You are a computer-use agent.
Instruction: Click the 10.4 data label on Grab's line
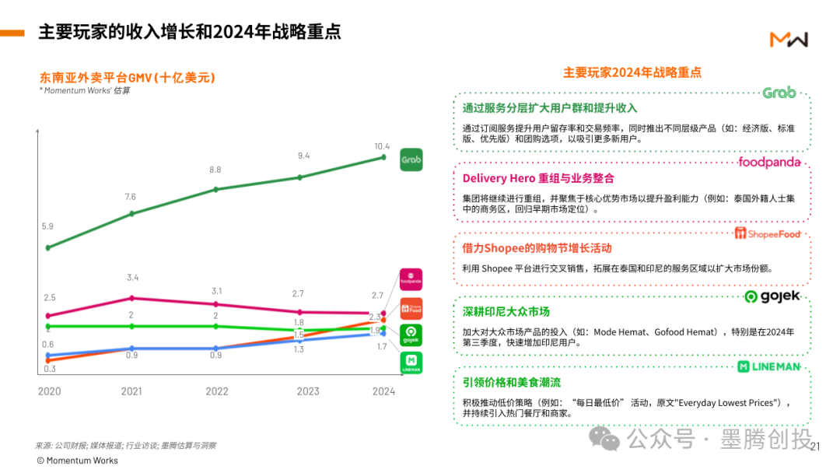[382, 146]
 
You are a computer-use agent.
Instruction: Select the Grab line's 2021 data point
[131, 213]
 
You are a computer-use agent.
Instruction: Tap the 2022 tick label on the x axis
[217, 391]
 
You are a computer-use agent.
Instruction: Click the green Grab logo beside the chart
[411, 160]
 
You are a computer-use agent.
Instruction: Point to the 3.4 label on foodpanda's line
[132, 278]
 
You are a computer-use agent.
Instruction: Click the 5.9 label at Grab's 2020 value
[47, 226]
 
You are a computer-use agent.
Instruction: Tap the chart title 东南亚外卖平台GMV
[127, 78]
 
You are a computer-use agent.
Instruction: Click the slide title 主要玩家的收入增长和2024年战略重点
[190, 32]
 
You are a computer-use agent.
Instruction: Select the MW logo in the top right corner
[789, 39]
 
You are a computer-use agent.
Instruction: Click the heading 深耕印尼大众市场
[506, 311]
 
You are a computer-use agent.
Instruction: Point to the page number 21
[815, 447]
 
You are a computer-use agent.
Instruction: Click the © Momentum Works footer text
[77, 461]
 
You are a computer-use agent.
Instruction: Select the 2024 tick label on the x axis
[383, 391]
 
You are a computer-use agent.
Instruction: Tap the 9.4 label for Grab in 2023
[303, 156]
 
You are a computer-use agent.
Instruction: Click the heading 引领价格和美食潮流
[511, 382]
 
